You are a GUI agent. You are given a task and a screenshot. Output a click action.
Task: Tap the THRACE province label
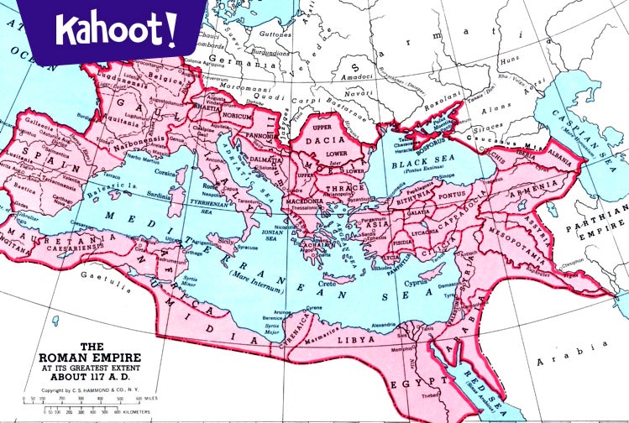[x=340, y=189]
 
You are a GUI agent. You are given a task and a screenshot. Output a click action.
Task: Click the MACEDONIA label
[x=302, y=201]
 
